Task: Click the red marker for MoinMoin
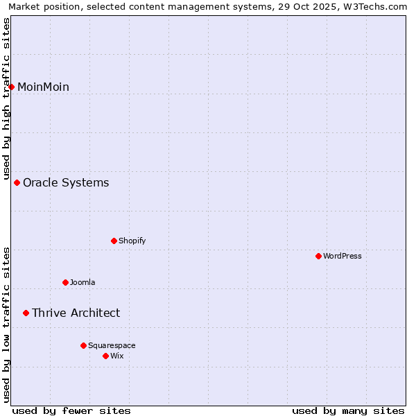(12, 87)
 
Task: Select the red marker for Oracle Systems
(17, 182)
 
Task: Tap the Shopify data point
(114, 241)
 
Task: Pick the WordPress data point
(319, 256)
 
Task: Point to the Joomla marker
(66, 282)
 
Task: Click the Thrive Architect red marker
(26, 313)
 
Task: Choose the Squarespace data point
(84, 345)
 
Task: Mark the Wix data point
(106, 356)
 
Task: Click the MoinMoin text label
(43, 87)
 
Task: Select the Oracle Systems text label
(66, 182)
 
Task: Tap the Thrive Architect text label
(76, 313)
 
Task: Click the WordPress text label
(343, 256)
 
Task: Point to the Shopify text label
(132, 241)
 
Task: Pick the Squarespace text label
(112, 345)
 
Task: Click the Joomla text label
(83, 282)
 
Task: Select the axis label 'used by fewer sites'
(71, 410)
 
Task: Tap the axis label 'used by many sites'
(348, 410)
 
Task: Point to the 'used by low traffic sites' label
(7, 324)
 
